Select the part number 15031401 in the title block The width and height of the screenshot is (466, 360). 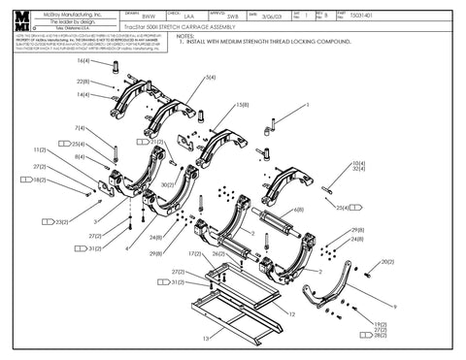pos(445,16)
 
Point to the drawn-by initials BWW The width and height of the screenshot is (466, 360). pos(149,16)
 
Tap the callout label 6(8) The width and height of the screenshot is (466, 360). pos(297,209)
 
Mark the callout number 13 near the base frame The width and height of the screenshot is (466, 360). pos(205,340)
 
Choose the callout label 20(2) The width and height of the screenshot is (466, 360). pos(386,262)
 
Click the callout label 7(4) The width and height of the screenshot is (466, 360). pos(81,128)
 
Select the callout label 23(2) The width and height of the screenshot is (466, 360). pos(60,222)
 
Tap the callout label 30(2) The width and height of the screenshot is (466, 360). pos(168,184)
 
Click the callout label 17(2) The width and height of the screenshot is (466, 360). pos(195,254)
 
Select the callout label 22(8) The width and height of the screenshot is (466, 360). pos(83,82)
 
